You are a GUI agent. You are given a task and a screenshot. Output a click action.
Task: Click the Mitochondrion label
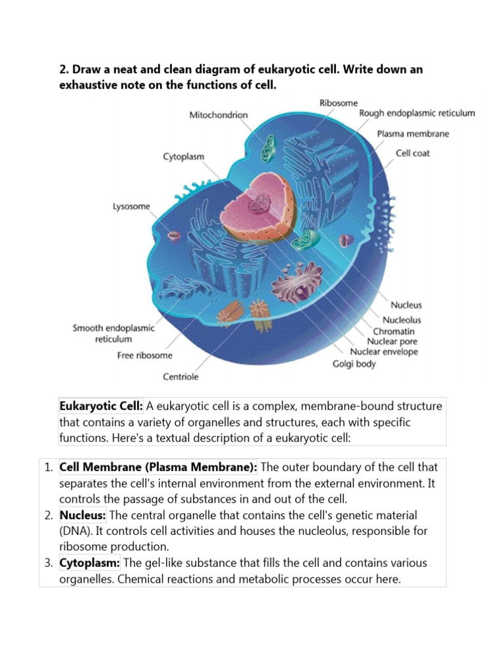(x=219, y=115)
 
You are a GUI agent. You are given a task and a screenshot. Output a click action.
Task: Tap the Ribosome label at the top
(x=339, y=103)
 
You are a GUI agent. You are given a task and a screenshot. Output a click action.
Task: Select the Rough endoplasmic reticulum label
(x=417, y=114)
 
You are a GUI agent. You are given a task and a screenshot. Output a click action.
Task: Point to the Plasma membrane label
(x=413, y=134)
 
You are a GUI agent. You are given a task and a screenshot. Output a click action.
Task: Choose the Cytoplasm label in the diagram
(x=184, y=157)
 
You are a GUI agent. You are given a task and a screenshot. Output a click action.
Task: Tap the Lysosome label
(x=131, y=207)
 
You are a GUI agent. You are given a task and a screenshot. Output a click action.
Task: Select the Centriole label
(x=180, y=377)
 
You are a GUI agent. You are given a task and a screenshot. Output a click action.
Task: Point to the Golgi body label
(x=354, y=364)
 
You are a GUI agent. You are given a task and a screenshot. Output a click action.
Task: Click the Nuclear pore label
(x=392, y=341)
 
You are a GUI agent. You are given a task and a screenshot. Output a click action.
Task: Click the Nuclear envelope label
(x=384, y=352)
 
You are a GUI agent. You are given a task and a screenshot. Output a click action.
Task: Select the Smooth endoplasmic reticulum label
(x=114, y=334)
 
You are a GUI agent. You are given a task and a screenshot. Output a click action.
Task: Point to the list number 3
(x=49, y=563)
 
